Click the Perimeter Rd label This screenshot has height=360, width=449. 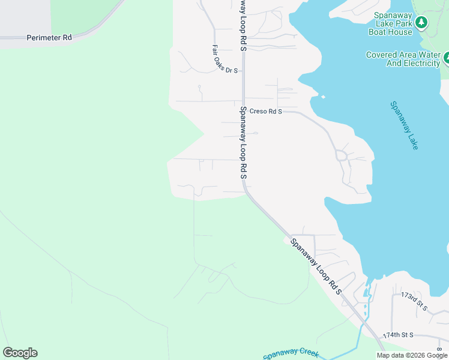(x=49, y=38)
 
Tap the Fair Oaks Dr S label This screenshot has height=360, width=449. (x=225, y=59)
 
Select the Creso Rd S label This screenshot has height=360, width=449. (x=265, y=111)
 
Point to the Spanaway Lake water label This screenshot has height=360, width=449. (x=404, y=125)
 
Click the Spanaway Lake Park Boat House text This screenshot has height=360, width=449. (x=393, y=23)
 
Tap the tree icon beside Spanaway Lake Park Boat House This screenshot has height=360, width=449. (x=422, y=23)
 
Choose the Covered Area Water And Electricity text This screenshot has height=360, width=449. (x=403, y=59)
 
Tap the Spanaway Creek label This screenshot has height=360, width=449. (x=291, y=355)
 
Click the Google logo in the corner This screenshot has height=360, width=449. (x=20, y=353)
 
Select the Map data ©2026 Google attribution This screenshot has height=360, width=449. (x=412, y=355)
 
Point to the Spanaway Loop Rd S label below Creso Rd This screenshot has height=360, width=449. (x=244, y=143)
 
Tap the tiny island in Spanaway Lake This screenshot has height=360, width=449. (x=323, y=97)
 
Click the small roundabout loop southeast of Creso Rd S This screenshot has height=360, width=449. (x=341, y=155)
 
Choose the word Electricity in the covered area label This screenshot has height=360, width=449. (x=417, y=63)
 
